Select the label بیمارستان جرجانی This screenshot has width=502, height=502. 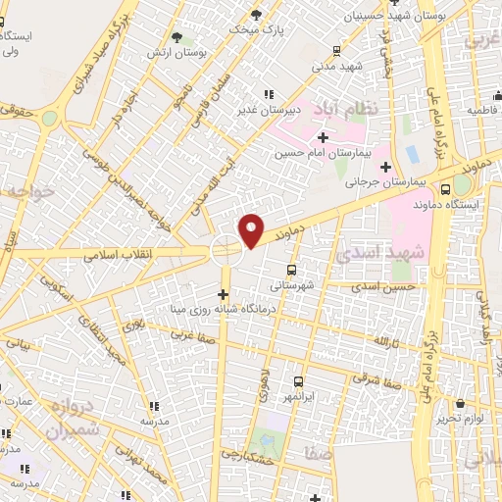click(x=391, y=183)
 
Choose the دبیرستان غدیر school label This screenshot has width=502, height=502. click(x=265, y=109)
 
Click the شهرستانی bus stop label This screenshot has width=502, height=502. click(x=292, y=285)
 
